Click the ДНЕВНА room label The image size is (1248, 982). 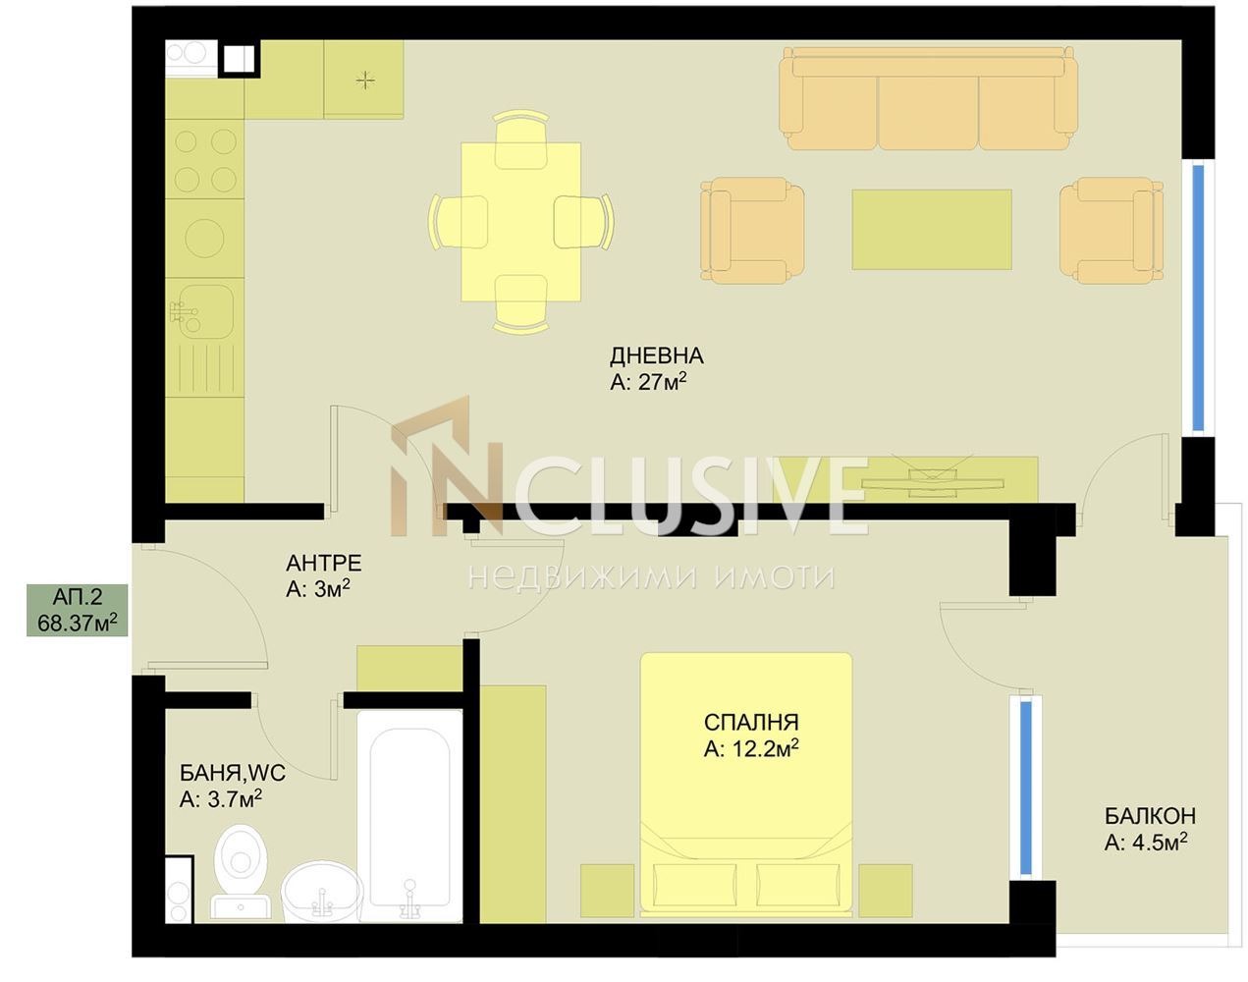click(657, 355)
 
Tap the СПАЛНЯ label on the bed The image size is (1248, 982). click(751, 723)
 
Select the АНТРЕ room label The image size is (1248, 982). click(324, 563)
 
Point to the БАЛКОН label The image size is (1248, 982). click(1150, 815)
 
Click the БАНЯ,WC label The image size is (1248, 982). click(233, 773)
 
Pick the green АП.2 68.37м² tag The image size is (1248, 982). click(78, 610)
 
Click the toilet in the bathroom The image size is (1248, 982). click(241, 871)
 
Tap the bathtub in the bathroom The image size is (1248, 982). click(410, 816)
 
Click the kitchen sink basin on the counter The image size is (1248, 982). click(204, 311)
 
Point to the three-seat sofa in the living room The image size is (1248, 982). click(929, 98)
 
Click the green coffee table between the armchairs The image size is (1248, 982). click(932, 230)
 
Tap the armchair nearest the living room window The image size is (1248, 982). click(1112, 230)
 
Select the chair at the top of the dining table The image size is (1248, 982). click(521, 139)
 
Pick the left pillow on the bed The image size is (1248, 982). click(695, 884)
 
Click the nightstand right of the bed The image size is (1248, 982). click(886, 891)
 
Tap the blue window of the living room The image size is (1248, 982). click(1198, 298)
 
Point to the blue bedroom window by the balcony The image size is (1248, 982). click(1025, 788)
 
